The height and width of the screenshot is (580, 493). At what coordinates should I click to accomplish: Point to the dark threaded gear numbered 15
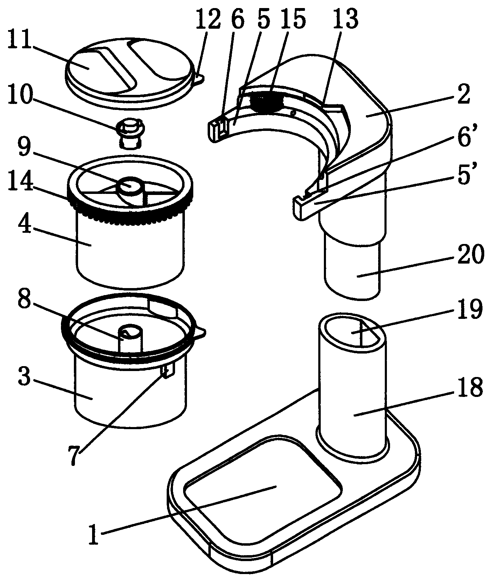tap(267, 100)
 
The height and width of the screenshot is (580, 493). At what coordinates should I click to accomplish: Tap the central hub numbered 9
tap(130, 185)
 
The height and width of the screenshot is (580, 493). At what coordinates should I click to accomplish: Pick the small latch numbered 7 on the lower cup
tap(167, 370)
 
